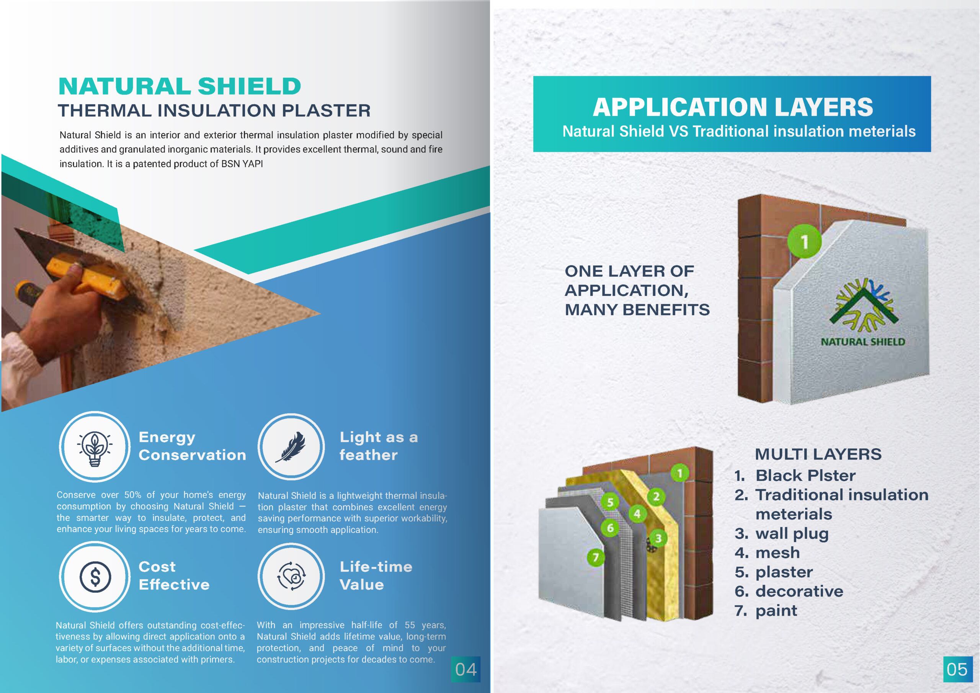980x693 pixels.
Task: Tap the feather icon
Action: click(x=291, y=447)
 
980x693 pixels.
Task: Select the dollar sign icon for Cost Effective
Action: click(x=95, y=577)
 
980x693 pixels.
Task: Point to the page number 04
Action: click(x=465, y=669)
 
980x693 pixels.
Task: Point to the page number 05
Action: click(x=957, y=669)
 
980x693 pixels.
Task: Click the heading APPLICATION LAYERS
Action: click(x=732, y=107)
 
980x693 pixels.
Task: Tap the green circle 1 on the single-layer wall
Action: click(x=804, y=241)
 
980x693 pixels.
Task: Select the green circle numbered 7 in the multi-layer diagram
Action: click(x=595, y=557)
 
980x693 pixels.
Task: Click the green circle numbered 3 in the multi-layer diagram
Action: click(x=658, y=538)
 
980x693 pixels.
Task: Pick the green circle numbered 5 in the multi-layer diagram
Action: click(x=610, y=502)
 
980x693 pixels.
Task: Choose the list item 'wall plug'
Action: click(x=792, y=533)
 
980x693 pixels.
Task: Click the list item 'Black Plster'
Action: click(x=805, y=475)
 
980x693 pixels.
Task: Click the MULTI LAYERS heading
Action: click(x=818, y=454)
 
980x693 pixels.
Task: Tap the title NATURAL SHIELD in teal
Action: click(x=180, y=86)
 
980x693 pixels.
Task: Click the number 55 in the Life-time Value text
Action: click(x=409, y=625)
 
